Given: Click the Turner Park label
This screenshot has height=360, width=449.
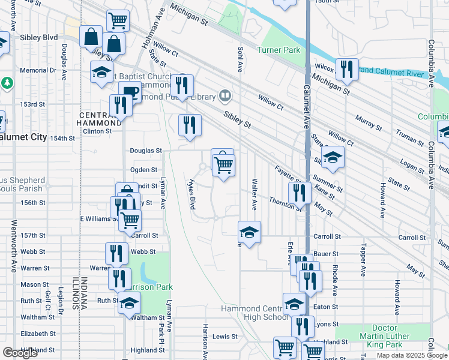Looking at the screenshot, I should [279, 50].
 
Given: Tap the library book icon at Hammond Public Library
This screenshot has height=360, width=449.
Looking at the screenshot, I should [225, 95].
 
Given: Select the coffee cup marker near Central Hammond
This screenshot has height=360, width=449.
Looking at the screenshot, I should [129, 92].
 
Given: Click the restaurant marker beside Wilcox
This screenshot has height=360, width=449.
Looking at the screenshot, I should [346, 70].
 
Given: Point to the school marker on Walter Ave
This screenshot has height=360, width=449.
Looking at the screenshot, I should [249, 231].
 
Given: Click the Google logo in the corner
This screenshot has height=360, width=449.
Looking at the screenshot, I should [20, 353].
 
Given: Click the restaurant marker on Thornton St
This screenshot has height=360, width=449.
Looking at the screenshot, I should [299, 193].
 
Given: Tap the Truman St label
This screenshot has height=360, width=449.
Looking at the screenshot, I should [411, 139].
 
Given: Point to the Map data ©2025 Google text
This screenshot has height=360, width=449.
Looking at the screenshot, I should [412, 355].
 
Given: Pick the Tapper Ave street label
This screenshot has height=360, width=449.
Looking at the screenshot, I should [363, 260].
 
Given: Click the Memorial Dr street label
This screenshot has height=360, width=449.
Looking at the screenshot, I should [37, 70].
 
